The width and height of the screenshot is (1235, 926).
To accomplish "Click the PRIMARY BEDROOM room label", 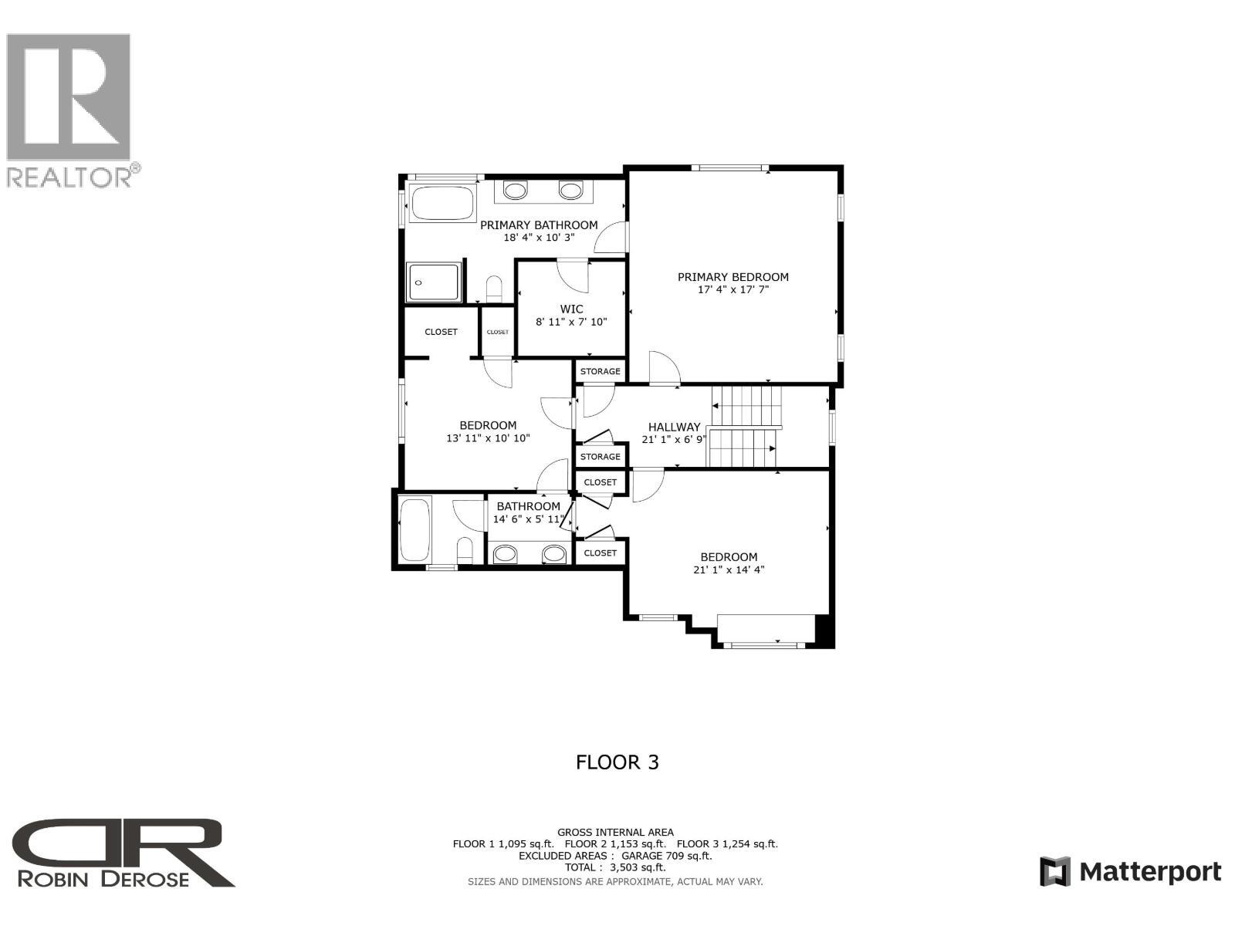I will click(733, 277).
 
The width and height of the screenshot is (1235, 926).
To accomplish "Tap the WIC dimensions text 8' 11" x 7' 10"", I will click(571, 322).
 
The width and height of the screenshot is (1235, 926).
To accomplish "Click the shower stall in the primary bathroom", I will click(435, 282).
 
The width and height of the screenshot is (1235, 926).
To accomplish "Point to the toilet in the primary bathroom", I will click(494, 289).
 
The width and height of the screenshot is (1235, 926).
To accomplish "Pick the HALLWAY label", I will click(674, 427).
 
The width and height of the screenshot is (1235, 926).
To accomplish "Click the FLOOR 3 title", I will click(617, 762).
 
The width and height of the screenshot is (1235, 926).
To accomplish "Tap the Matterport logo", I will click(1131, 872).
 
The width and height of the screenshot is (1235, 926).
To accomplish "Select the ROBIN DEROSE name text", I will click(103, 879).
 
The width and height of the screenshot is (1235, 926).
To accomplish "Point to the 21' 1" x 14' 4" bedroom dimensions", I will click(729, 570).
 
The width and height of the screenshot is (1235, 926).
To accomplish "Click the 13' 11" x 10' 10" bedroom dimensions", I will click(488, 438).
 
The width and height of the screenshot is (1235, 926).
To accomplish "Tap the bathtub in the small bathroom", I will click(415, 530).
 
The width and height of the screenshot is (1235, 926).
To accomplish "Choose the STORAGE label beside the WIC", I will click(600, 371).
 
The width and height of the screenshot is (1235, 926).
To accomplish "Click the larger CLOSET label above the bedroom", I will click(441, 332).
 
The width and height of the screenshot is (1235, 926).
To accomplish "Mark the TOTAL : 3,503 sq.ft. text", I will click(615, 867).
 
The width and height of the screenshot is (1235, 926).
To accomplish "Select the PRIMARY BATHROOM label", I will click(539, 225).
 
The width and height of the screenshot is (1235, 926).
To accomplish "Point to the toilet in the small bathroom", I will click(465, 550).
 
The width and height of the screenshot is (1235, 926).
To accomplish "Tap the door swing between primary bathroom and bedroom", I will click(614, 238).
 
